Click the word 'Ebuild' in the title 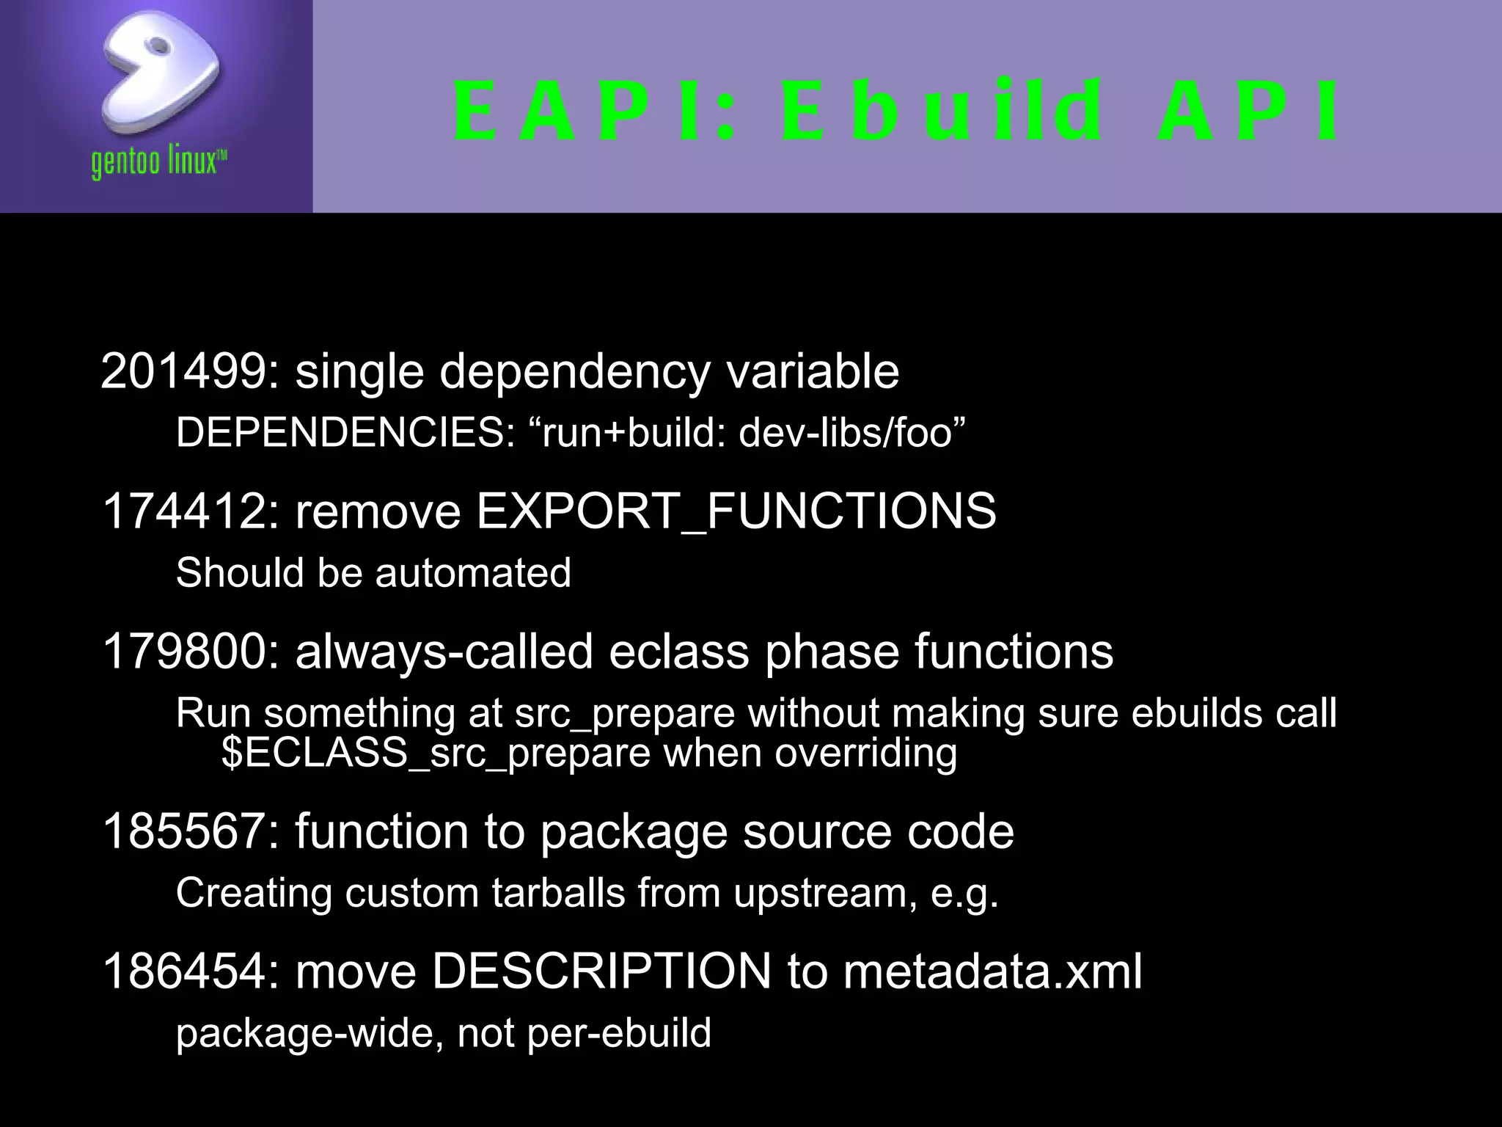coord(942,112)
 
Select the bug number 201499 coord(183,371)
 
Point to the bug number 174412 coord(183,511)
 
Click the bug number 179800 coord(183,652)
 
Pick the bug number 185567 coord(183,832)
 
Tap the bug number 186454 coord(183,971)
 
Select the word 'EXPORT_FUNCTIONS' coord(736,511)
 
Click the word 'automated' coord(473,573)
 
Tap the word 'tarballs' coord(559,893)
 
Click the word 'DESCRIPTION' coord(601,971)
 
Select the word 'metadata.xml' coord(992,971)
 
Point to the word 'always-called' coord(444,652)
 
